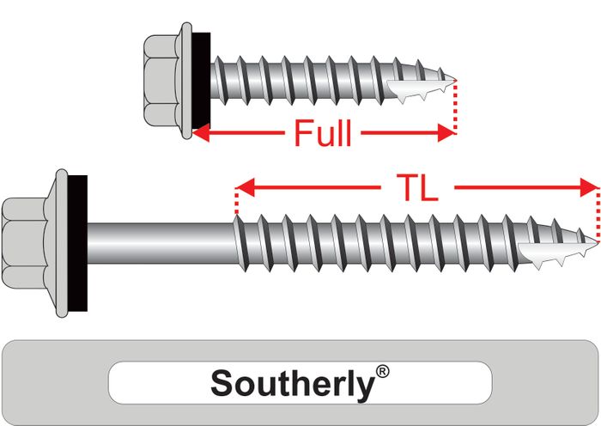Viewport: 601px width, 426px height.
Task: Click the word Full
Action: [323, 134]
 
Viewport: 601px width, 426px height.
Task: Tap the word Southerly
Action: [292, 382]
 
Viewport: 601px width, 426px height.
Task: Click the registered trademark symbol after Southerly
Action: [382, 372]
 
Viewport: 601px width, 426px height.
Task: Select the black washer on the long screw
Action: [78, 241]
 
